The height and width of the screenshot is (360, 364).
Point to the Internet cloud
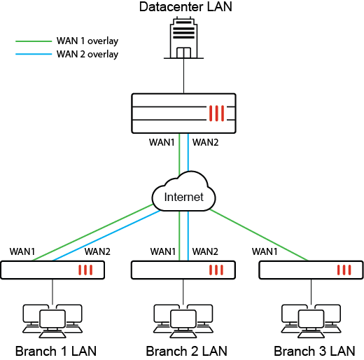tap(183, 196)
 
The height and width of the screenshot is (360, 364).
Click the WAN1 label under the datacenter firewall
tap(162, 143)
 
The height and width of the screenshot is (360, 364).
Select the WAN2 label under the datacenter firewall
tap(205, 143)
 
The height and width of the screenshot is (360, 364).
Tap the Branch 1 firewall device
tap(52, 270)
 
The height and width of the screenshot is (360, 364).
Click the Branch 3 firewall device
tap(309, 270)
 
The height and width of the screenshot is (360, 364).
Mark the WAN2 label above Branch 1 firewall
tap(97, 251)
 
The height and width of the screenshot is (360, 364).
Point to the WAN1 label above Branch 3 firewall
tap(265, 251)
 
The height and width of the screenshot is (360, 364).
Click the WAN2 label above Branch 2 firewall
tap(205, 251)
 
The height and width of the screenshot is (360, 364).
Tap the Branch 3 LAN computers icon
tap(309, 318)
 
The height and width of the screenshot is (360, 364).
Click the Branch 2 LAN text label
tap(186, 350)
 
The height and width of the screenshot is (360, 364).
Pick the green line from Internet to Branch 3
tap(259, 235)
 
